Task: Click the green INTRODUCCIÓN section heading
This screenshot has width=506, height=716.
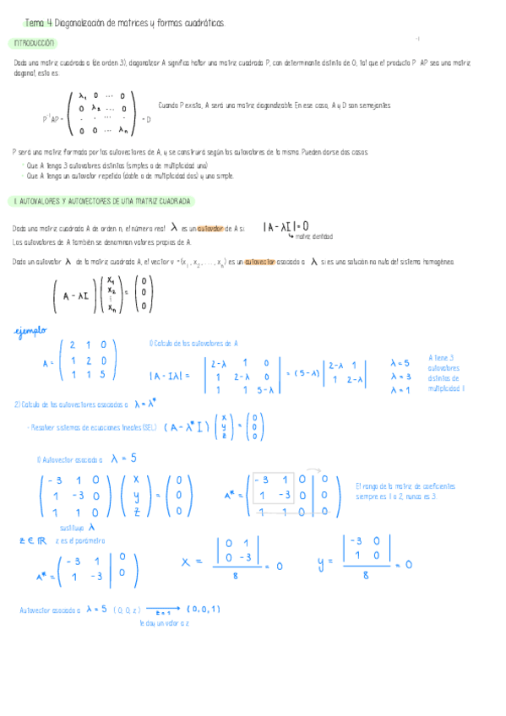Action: (x=34, y=43)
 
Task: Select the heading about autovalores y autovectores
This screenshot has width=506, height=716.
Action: (x=101, y=202)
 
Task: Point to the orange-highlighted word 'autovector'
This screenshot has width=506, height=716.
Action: (x=260, y=263)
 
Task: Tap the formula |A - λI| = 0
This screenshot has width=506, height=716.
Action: (x=286, y=226)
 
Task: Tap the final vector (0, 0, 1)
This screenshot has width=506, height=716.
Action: (x=204, y=609)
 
